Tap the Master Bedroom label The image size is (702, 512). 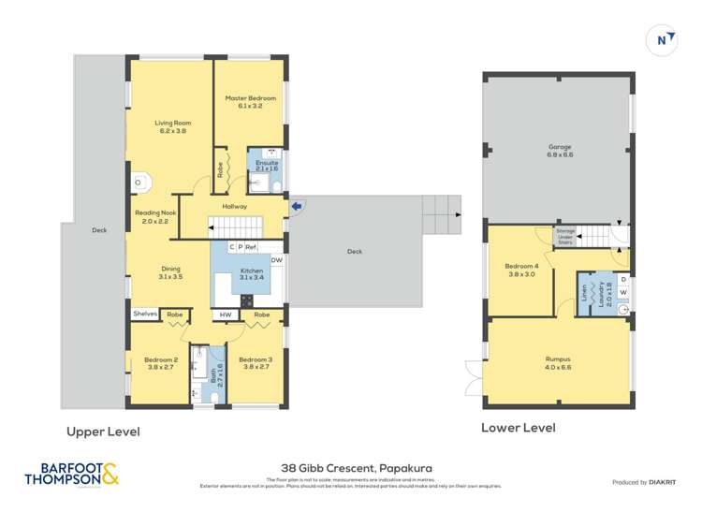tap(250, 102)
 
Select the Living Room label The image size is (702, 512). tap(171, 126)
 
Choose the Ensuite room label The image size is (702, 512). tap(268, 166)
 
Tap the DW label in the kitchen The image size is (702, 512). tap(276, 260)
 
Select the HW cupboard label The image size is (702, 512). tap(226, 315)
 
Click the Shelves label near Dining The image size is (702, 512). tap(144, 315)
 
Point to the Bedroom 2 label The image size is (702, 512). tap(161, 363)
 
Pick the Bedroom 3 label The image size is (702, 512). tap(254, 363)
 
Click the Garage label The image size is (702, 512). tap(560, 150)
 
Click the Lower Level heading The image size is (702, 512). tap(518, 428)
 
